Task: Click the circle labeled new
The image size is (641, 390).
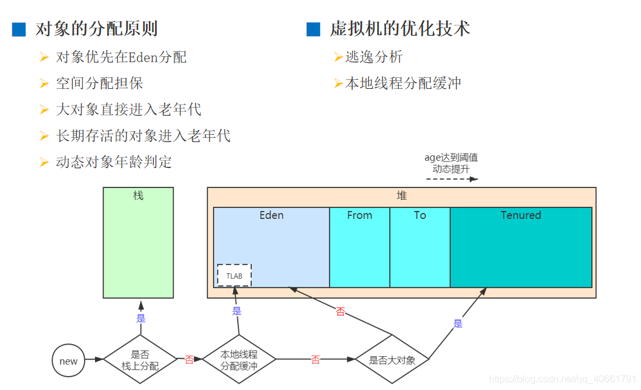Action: click(x=68, y=361)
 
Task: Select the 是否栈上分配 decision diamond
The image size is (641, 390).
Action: click(x=140, y=360)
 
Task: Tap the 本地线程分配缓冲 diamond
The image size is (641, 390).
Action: click(x=238, y=360)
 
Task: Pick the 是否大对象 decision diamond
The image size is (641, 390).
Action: click(x=392, y=360)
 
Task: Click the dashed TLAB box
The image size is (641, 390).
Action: click(x=234, y=275)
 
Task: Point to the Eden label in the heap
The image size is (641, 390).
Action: click(x=271, y=215)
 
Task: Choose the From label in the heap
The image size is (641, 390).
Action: click(x=360, y=215)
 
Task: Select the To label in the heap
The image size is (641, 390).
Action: click(x=420, y=215)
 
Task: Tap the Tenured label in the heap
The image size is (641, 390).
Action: click(x=521, y=215)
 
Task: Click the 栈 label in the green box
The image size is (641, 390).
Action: click(x=138, y=196)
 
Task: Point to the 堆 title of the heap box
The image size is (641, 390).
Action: click(x=402, y=196)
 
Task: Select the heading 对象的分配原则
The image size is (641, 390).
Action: click(x=97, y=28)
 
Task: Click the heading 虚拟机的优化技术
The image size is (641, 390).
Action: click(x=400, y=28)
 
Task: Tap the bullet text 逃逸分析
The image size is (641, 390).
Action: click(x=373, y=57)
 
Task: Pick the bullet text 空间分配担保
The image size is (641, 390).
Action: click(x=99, y=83)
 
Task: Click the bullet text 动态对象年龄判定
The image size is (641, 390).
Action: click(x=114, y=162)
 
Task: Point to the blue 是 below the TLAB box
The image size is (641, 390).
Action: click(x=237, y=311)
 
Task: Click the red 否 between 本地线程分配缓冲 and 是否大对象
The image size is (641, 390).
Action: click(x=315, y=360)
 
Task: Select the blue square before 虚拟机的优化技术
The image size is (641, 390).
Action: click(x=313, y=29)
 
